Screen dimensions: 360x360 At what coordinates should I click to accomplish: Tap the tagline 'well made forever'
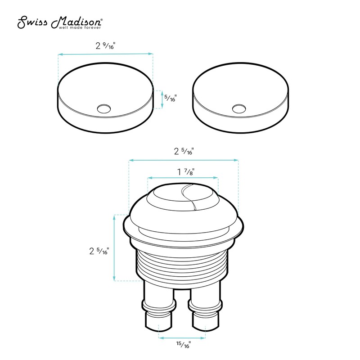click(78, 27)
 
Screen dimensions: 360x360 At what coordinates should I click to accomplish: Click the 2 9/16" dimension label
click(105, 45)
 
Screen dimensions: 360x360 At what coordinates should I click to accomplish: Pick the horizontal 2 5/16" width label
click(183, 152)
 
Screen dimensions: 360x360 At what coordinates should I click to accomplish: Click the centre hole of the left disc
click(104, 108)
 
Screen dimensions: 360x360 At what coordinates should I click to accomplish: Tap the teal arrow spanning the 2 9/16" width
click(105, 54)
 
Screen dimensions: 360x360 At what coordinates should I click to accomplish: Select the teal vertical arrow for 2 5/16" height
click(114, 248)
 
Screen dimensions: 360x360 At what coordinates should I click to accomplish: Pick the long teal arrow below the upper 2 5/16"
click(183, 160)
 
